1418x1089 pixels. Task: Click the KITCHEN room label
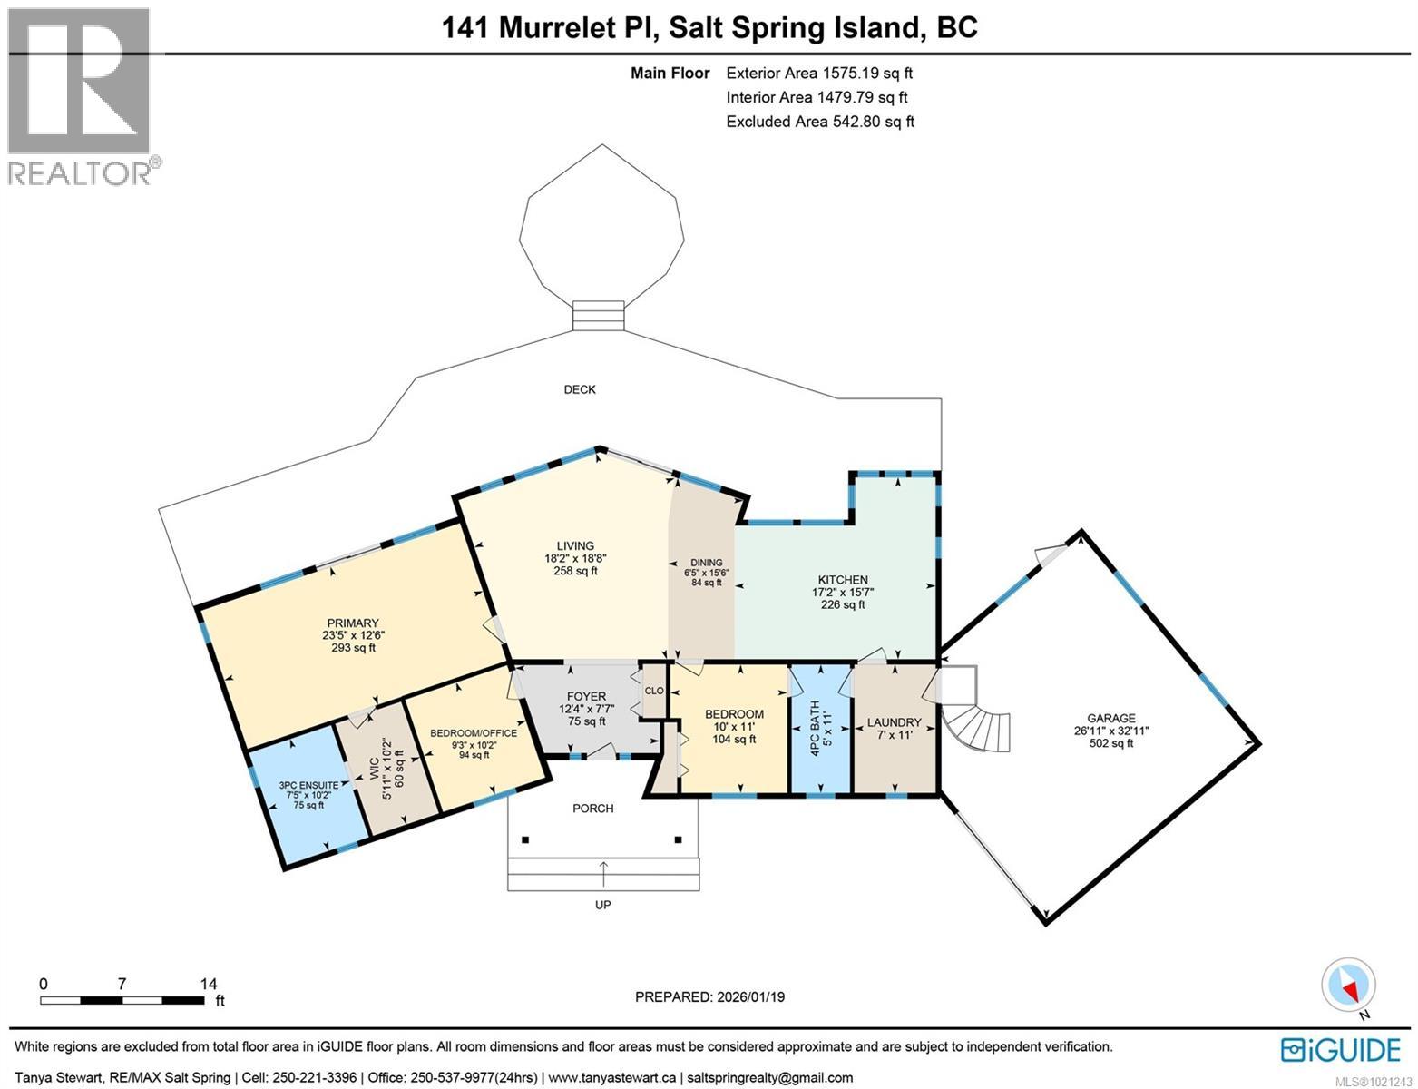(843, 580)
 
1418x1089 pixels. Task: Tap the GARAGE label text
(1111, 719)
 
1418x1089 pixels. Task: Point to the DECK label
(580, 389)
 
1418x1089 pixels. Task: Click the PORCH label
(593, 809)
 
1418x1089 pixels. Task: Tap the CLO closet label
(654, 692)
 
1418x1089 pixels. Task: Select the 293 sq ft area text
(353, 648)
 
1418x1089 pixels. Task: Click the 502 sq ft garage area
(1111, 743)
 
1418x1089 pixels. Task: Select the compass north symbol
(1350, 986)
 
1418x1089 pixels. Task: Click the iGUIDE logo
(1341, 1050)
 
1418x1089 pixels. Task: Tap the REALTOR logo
(80, 94)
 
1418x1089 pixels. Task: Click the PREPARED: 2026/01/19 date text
(709, 996)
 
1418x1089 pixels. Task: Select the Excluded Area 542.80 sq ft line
(820, 121)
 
